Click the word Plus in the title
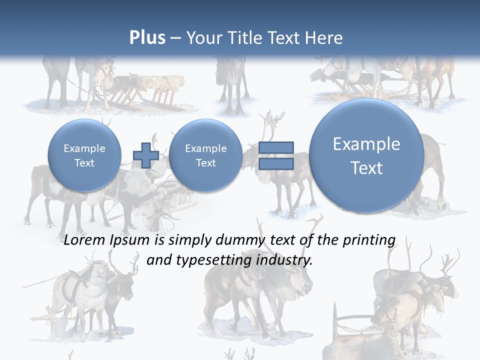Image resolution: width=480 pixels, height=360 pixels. (147, 38)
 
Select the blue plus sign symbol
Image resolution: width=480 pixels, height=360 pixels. (145, 155)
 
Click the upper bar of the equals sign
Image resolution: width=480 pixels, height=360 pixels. (276, 147)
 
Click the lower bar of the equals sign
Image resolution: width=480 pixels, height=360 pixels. (276, 164)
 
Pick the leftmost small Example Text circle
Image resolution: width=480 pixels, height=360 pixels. (84, 155)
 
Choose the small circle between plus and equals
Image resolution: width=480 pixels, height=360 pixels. (205, 155)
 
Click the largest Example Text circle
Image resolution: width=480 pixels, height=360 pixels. (366, 155)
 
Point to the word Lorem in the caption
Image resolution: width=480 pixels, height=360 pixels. (85, 240)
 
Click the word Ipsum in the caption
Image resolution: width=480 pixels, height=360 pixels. (129, 240)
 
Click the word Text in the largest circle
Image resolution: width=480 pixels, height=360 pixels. (366, 168)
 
